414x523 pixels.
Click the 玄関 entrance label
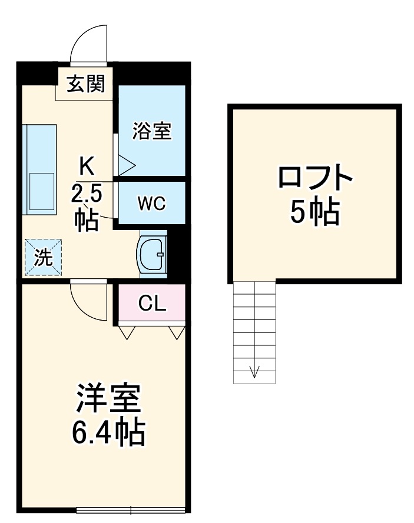[86, 84]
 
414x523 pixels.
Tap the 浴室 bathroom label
[152, 131]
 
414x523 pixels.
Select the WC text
[152, 203]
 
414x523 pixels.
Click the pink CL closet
[153, 302]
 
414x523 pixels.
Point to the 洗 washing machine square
[44, 257]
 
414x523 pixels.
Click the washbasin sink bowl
[153, 254]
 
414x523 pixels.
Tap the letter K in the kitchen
[87, 166]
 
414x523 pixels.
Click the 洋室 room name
[108, 398]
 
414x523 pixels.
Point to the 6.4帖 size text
[108, 432]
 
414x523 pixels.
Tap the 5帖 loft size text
[315, 212]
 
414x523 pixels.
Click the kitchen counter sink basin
[42, 191]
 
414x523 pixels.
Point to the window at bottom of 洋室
[131, 510]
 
